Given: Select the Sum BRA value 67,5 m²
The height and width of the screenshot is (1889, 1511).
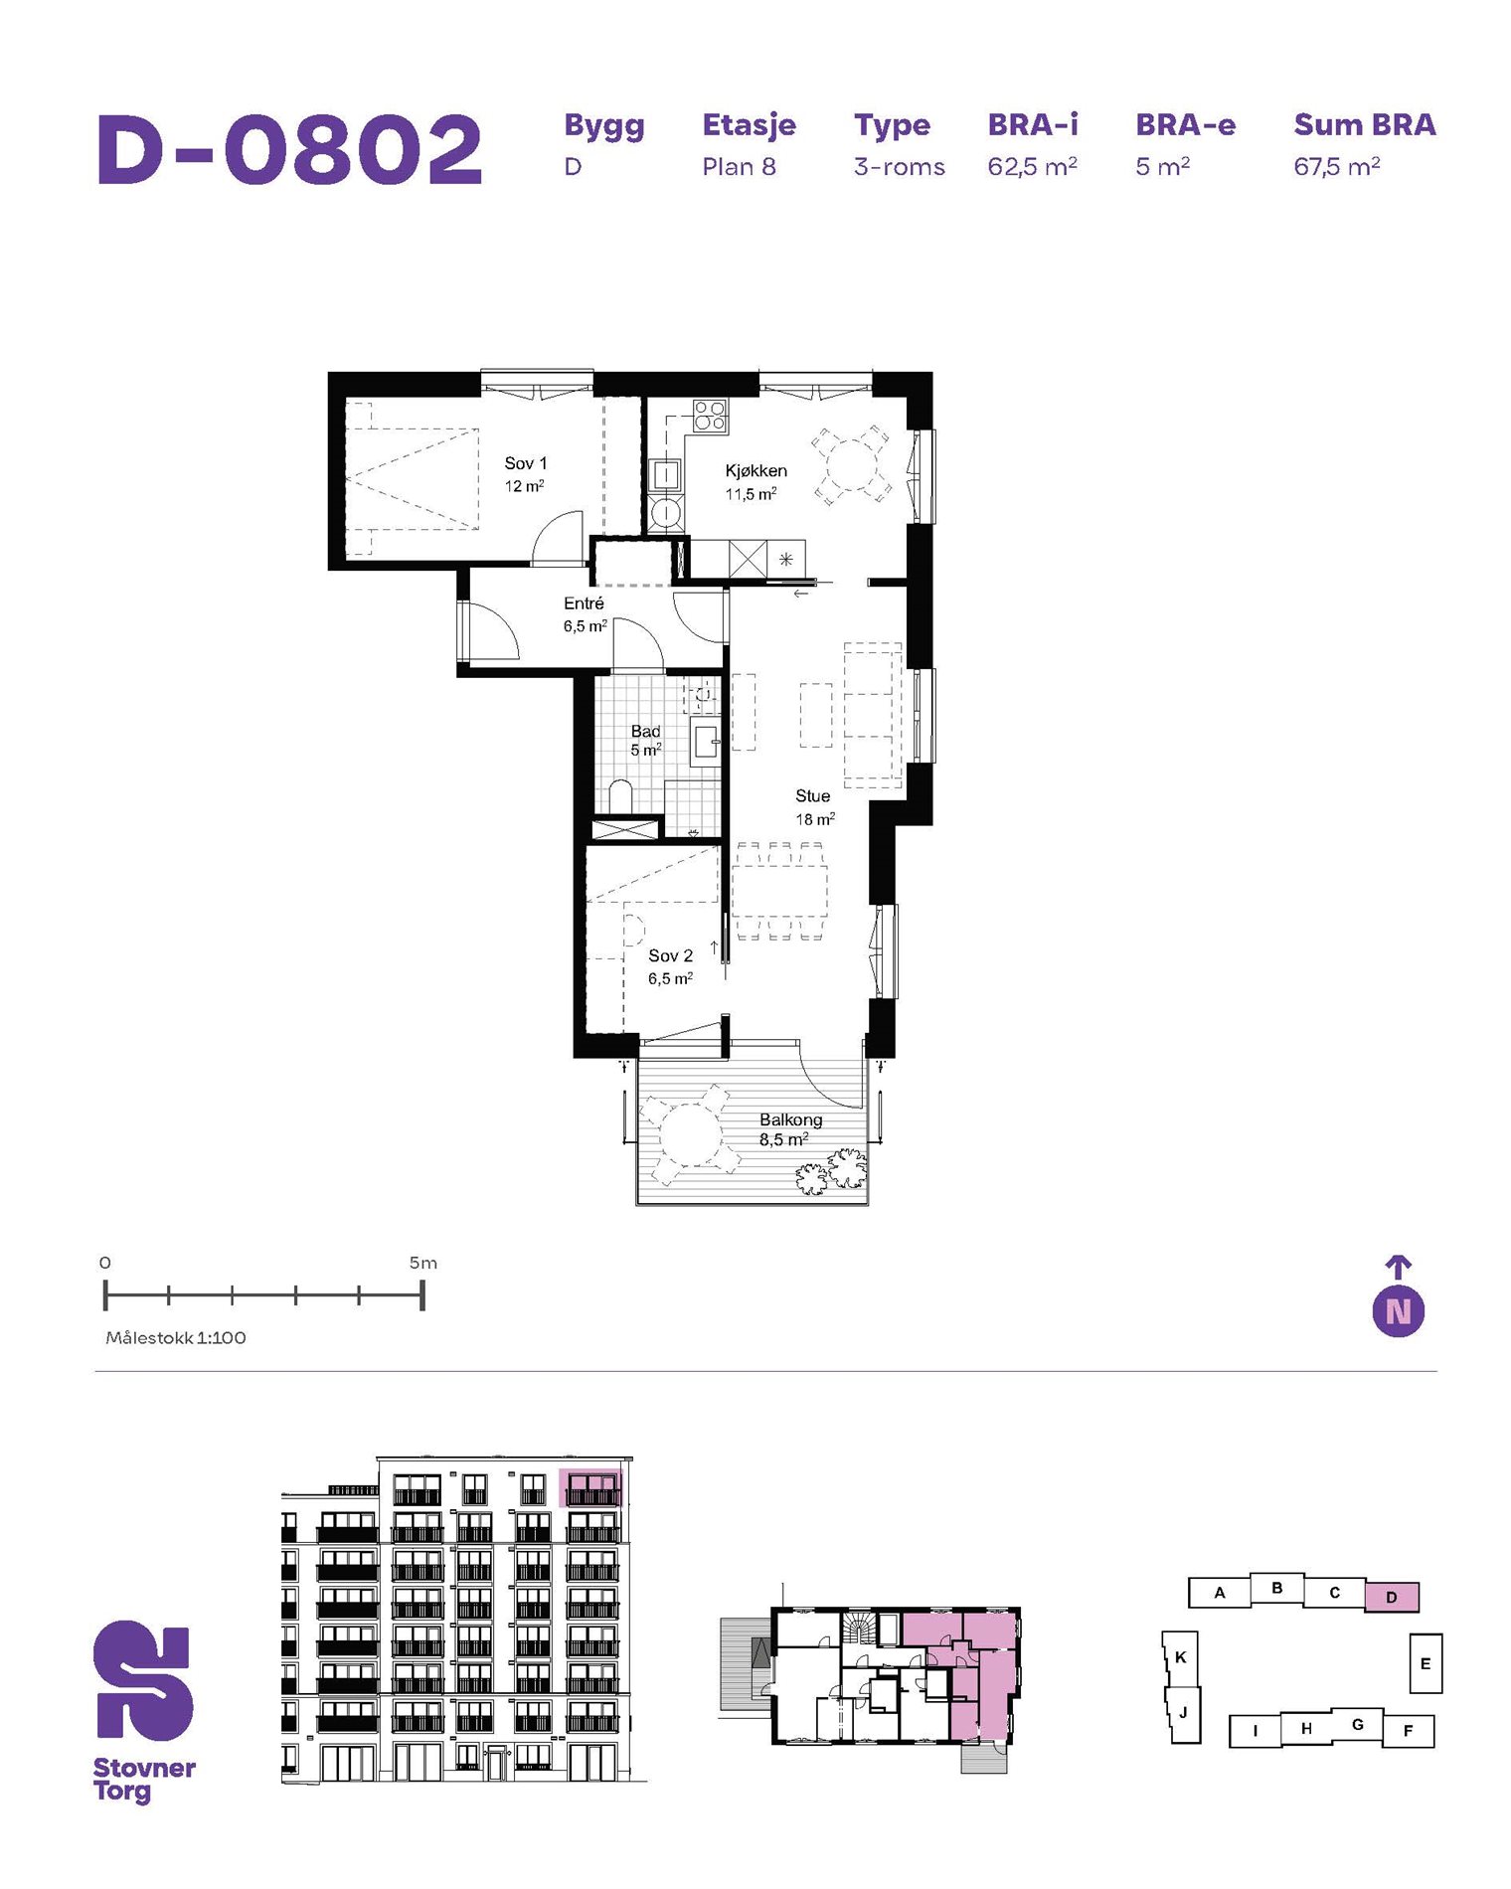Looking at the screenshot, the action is [x=1336, y=166].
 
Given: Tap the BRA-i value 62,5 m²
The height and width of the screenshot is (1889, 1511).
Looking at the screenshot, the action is [x=1032, y=166].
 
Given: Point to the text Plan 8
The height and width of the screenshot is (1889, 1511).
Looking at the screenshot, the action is [x=739, y=167].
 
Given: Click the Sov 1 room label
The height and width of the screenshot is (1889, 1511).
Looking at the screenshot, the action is [x=525, y=463].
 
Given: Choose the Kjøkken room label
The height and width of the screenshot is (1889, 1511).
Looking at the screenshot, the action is [x=755, y=471].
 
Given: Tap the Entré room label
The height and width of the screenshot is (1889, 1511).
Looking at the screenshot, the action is [x=584, y=603].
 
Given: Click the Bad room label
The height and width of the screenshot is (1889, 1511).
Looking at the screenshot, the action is [x=645, y=731].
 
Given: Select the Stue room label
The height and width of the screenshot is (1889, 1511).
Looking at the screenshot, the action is [x=812, y=796].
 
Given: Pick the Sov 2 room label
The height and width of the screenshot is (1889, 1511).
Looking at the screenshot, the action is [x=670, y=955].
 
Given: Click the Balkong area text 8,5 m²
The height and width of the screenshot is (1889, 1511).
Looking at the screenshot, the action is [x=783, y=1140].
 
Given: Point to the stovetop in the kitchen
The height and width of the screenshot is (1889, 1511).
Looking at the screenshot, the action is [x=710, y=416].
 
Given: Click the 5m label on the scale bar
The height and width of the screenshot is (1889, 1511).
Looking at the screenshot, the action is [x=423, y=1263].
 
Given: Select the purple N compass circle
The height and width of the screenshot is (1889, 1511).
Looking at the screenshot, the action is [x=1398, y=1311].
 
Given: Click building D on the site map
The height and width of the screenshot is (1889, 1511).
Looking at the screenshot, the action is [x=1391, y=1597].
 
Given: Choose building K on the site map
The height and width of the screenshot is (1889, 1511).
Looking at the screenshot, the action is [x=1180, y=1657].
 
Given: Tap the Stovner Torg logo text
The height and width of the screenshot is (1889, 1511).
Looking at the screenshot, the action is [x=144, y=1780].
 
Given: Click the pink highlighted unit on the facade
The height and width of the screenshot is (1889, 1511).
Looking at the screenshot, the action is [x=590, y=1487].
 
